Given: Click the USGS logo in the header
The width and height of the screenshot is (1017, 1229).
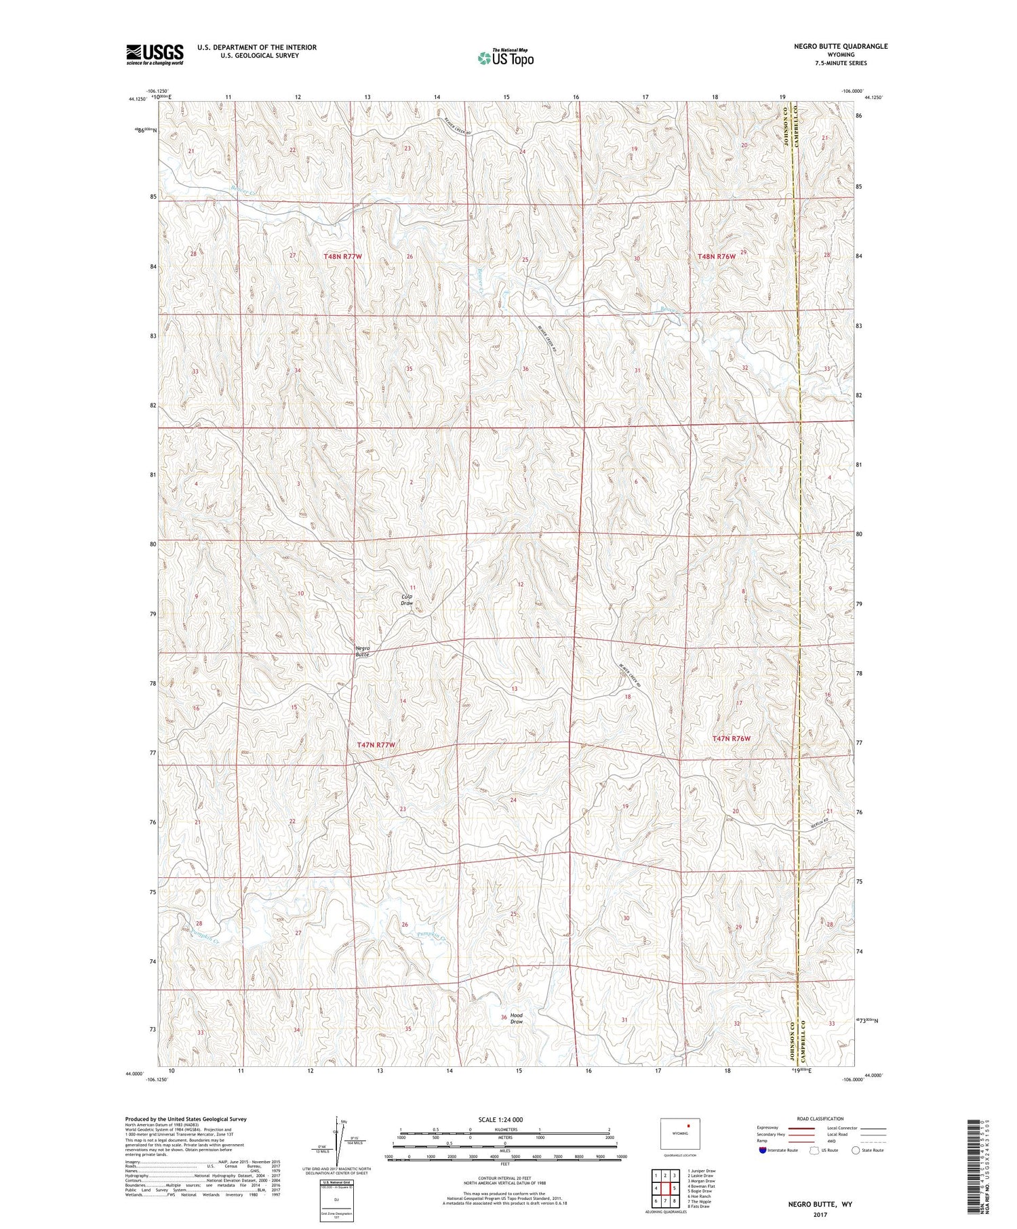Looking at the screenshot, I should (155, 54).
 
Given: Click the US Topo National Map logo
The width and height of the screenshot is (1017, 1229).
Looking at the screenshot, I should (505, 58).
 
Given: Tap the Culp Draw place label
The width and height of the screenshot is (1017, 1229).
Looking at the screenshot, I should (407, 599).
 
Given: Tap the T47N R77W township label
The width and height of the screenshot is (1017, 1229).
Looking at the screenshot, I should (375, 744).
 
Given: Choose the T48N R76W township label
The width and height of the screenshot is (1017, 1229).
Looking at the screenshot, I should (716, 256).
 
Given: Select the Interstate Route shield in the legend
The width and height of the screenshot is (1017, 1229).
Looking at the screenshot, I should (763, 1150).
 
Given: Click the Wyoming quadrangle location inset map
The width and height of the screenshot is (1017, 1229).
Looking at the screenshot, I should (680, 1133).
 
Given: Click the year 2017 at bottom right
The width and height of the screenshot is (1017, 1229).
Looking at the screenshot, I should (820, 1213).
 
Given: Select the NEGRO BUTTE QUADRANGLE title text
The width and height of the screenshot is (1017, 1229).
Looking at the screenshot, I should (841, 46).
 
